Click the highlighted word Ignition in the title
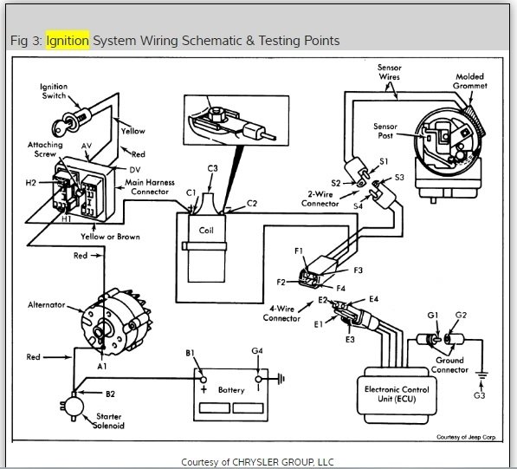point(68,41)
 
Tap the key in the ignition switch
point(60,127)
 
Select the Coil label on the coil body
point(206,231)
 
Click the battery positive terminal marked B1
point(204,380)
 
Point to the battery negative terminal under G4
point(258,380)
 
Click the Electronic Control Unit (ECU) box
point(397,395)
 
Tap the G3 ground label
point(480,395)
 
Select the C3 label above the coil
point(213,168)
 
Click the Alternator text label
point(47,304)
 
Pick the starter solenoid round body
point(74,407)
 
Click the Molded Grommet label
point(470,81)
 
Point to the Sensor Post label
point(385,131)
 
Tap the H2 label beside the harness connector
point(30,183)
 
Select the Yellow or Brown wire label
point(111,237)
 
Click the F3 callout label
point(358,270)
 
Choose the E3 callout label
point(350,339)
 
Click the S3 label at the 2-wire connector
point(399,177)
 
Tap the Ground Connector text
point(449,365)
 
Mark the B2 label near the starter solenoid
point(111,394)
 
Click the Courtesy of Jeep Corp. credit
point(466,437)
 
